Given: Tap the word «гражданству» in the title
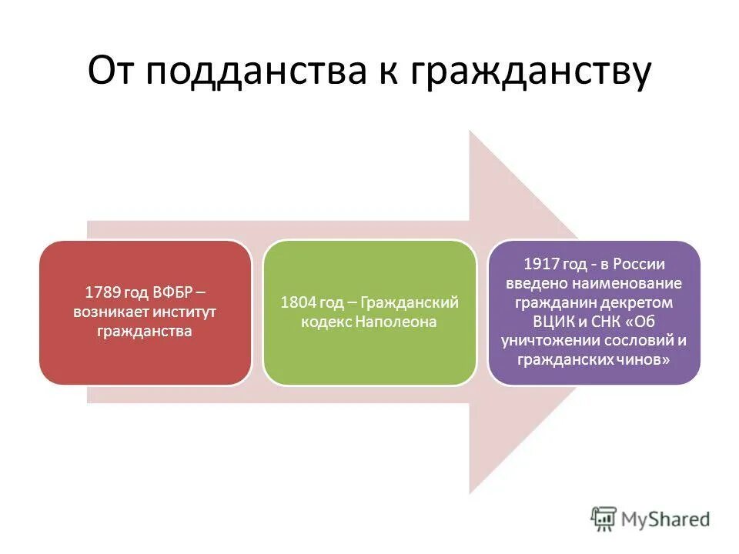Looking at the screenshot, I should point(529,72).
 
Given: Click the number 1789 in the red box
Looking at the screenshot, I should point(101,293).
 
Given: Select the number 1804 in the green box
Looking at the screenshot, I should point(299,302).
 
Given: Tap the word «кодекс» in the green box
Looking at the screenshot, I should point(327,322).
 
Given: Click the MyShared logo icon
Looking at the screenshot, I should point(604,518).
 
